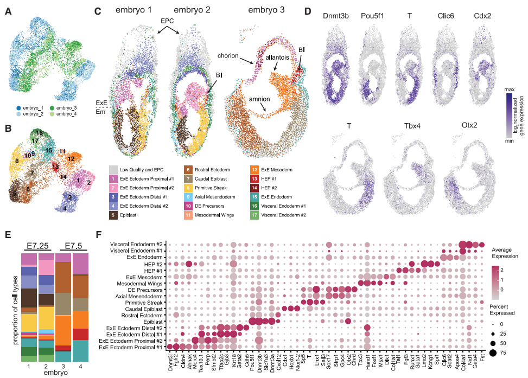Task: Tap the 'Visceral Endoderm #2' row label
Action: coord(135,244)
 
